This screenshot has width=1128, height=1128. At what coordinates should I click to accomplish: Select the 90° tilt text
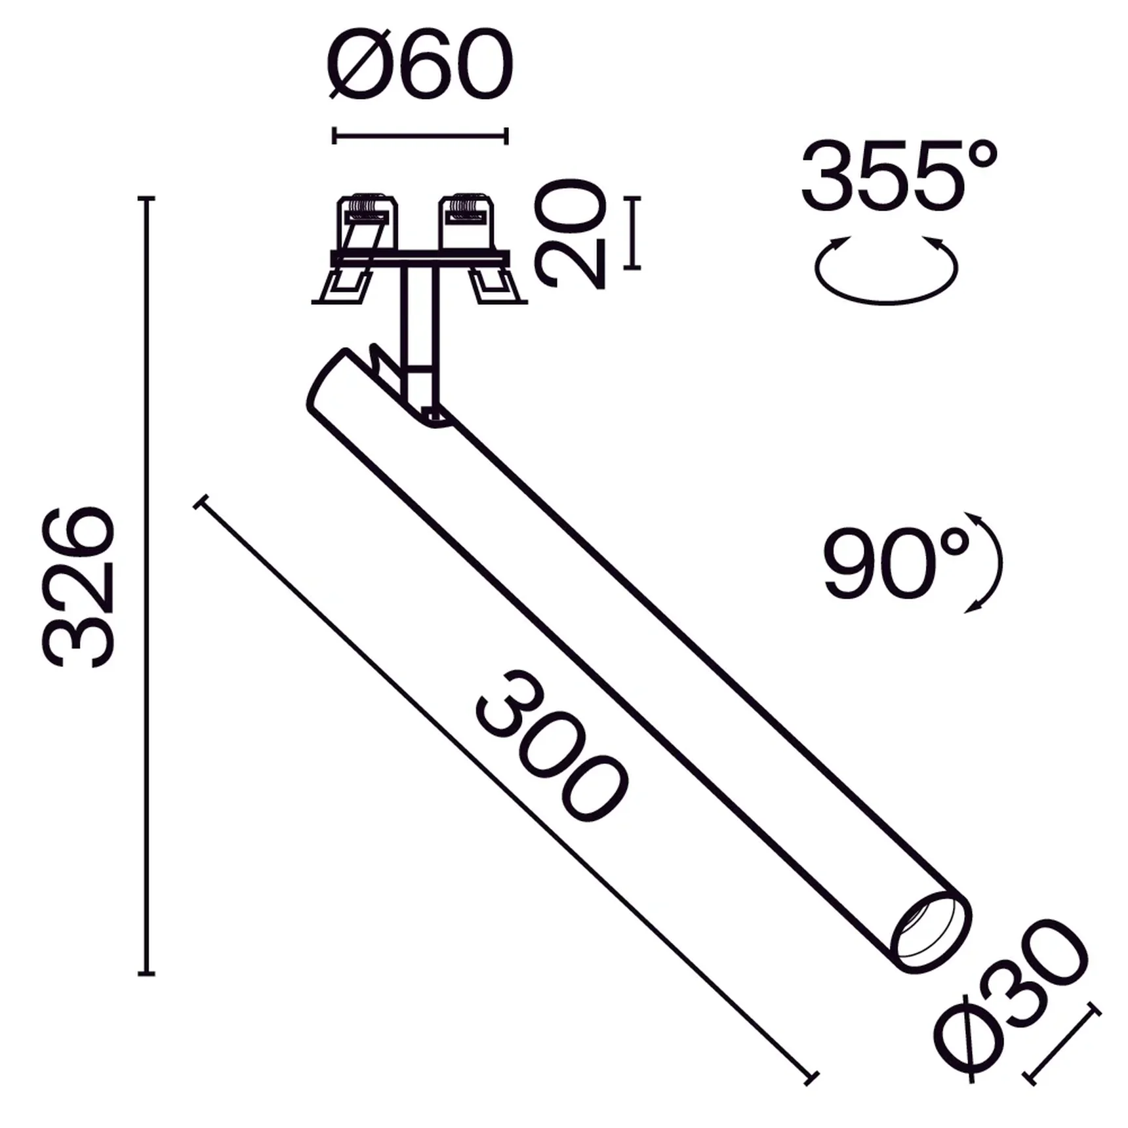(x=896, y=563)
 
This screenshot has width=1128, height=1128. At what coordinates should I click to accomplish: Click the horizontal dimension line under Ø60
(x=420, y=136)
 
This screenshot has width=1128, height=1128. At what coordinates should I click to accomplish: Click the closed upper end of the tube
(x=328, y=380)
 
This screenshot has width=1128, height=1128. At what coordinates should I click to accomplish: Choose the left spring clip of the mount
(x=357, y=249)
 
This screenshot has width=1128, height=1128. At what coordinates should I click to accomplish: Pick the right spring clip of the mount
(x=479, y=249)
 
